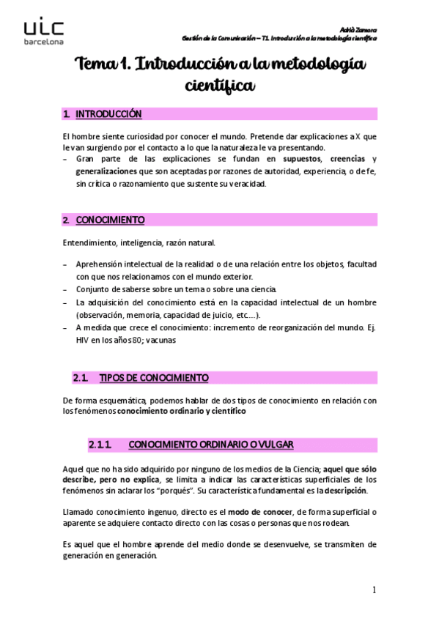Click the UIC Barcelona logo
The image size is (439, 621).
(43, 31)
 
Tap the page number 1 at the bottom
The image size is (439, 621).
(374, 590)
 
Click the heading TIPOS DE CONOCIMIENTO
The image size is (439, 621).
(153, 378)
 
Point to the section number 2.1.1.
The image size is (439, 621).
(99, 445)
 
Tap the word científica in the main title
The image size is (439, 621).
(221, 86)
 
